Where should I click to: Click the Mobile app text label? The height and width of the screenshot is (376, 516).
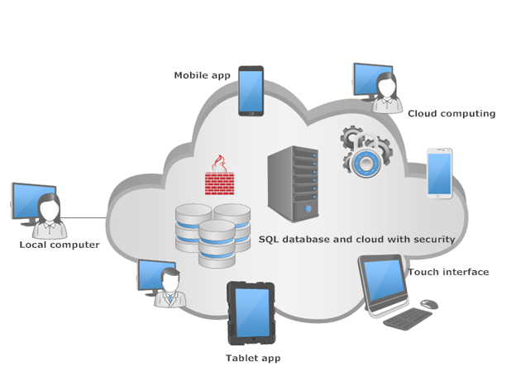202,75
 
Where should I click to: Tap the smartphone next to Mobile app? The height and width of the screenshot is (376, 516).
251,91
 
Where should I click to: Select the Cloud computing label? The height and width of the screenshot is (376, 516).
451,113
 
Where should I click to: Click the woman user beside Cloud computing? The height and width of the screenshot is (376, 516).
386,93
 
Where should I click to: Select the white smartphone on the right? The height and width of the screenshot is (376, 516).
439,173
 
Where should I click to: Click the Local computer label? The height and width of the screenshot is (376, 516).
60,245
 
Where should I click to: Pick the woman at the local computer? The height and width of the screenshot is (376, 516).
49,215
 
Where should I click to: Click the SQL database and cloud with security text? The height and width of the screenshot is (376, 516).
356,239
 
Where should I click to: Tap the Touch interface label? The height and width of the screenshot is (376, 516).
447,272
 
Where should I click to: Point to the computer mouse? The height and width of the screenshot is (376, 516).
428,305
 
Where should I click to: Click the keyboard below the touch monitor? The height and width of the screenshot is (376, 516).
408,319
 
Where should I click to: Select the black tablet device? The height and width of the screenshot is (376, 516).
251,313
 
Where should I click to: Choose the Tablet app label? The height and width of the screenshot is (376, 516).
253,358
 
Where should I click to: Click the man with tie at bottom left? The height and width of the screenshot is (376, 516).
170,288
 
